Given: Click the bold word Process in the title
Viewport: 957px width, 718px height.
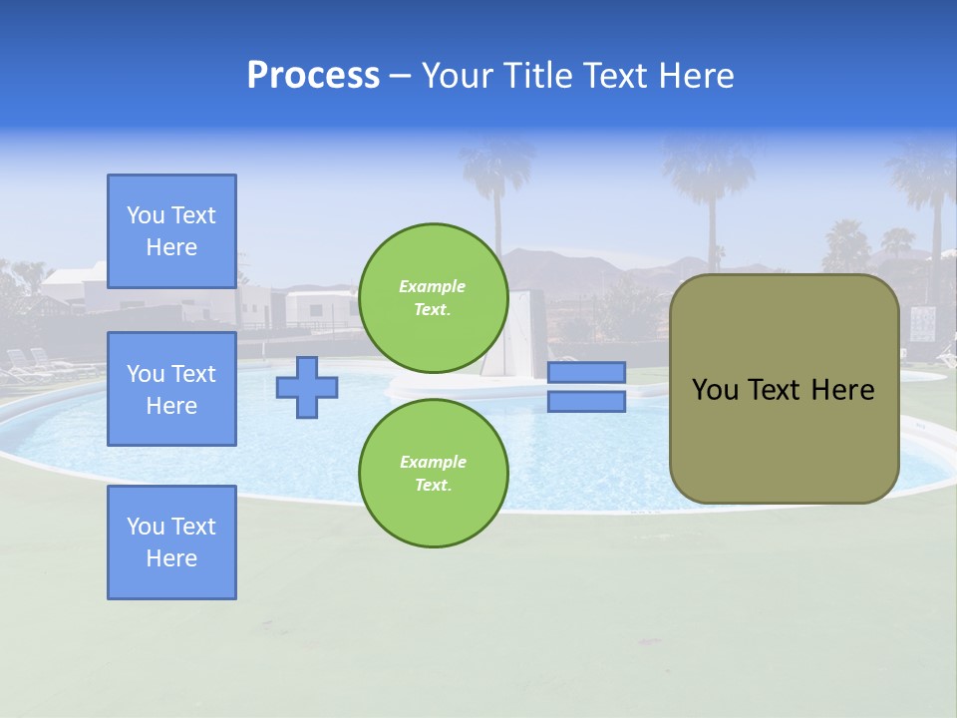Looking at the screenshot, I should click(313, 76).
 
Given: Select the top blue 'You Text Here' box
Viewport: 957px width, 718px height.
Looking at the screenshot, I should click(171, 231).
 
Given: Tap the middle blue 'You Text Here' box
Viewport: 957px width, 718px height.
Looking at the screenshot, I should click(171, 389).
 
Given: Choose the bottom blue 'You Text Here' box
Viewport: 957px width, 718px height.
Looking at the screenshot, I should click(171, 542).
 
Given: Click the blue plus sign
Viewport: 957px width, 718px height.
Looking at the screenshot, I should click(307, 387).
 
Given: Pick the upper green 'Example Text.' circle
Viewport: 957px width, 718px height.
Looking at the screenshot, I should click(433, 298).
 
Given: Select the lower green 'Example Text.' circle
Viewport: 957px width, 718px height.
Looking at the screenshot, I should click(433, 474).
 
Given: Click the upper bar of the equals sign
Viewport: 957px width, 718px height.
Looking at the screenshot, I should click(586, 372).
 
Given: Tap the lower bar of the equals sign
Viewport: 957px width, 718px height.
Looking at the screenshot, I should click(586, 402).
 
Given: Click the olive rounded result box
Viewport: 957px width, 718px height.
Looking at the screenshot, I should click(784, 389).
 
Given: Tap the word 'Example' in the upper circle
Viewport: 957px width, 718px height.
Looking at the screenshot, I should click(433, 286).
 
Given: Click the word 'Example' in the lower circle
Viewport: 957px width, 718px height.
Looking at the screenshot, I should click(433, 462).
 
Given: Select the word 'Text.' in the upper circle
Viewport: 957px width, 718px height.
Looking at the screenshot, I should click(433, 309).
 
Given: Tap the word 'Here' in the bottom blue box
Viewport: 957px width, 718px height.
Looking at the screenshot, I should click(171, 558).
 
